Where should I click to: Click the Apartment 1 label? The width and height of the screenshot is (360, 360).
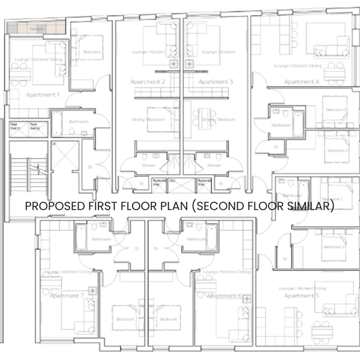pyautogui.click(x=43, y=95)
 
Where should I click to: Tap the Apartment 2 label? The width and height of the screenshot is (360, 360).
pyautogui.click(x=148, y=82)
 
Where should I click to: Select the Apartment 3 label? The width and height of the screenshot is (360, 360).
pyautogui.click(x=215, y=82)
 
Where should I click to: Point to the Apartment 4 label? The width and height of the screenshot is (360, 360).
pyautogui.click(x=301, y=82)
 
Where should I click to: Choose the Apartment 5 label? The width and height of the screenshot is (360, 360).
pyautogui.click(x=299, y=296)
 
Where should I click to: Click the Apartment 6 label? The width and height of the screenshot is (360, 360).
pyautogui.click(x=223, y=296)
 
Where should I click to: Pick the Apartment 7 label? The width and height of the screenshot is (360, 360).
pyautogui.click(x=67, y=296)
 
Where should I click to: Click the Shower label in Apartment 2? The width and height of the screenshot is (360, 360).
pyautogui.click(x=149, y=165)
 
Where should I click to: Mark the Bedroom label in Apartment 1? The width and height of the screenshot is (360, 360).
pyautogui.click(x=92, y=53)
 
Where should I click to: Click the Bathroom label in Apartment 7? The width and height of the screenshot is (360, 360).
pyautogui.click(x=101, y=239)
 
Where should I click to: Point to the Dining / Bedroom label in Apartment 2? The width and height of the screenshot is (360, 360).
pyautogui.click(x=148, y=119)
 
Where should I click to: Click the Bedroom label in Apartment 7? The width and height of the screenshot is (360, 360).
pyautogui.click(x=125, y=319)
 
